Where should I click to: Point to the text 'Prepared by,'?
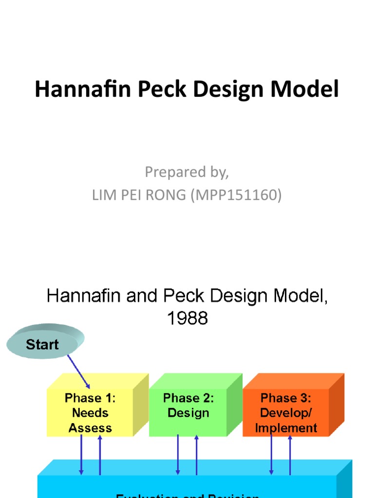[187, 172]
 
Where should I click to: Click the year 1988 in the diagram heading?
[187, 318]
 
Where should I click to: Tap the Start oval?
[42, 345]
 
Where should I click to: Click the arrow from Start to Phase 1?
[78, 372]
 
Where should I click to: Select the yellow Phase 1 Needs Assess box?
[91, 412]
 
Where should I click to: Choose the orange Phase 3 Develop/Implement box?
[286, 412]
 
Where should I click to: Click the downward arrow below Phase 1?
[81, 455]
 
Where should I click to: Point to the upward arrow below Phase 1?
[100, 455]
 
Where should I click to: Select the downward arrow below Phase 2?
[178, 455]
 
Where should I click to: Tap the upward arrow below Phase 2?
[196, 455]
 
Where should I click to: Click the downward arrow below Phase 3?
[271, 455]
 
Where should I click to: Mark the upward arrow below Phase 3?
[290, 455]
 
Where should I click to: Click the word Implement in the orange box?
[286, 428]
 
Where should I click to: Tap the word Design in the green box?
[188, 413]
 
